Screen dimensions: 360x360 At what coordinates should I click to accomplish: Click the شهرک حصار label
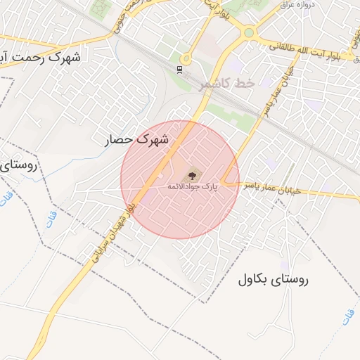pos(137,140)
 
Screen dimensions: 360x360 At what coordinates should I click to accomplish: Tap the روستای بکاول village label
pos(273,279)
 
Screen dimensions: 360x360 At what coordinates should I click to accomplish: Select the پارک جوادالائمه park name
pos(192,187)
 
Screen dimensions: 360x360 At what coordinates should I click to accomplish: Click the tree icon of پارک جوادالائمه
pos(193,174)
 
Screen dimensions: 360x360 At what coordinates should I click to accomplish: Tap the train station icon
pos(181,69)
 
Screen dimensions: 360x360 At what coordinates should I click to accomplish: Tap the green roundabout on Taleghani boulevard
pos(248,32)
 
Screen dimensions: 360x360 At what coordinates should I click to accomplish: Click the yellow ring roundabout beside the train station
pos(186,59)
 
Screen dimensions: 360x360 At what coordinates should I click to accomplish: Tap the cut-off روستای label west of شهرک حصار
pos(15,167)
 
